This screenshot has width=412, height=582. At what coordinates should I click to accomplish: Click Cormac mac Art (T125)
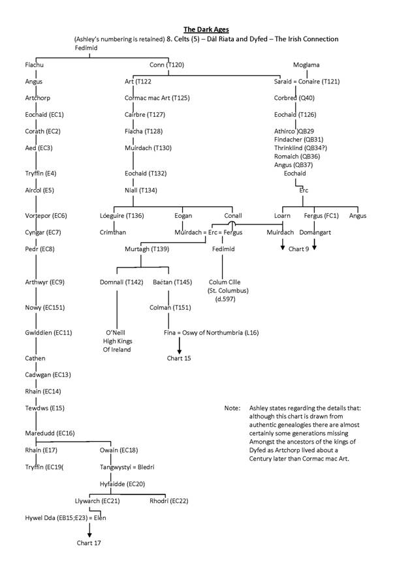(157, 98)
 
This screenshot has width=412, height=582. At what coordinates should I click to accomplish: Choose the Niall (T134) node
(144, 191)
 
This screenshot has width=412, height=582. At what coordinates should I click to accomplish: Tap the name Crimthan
(112, 232)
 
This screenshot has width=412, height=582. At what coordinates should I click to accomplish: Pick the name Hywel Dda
(37, 517)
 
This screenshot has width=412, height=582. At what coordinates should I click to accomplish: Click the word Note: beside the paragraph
(232, 408)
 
